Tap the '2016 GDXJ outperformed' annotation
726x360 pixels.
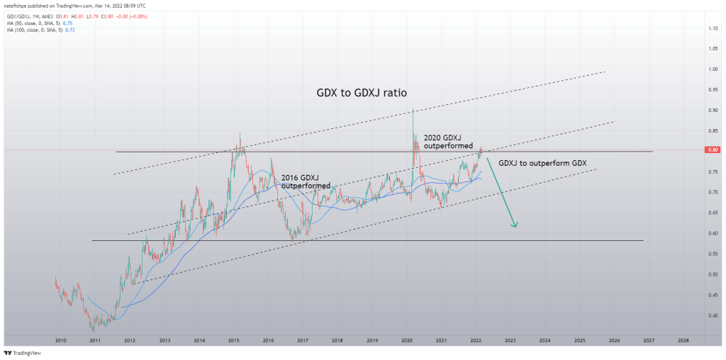pos(306,181)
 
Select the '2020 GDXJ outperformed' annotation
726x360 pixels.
pos(448,140)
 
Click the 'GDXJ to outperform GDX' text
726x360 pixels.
pos(542,163)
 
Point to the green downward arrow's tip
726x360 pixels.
pos(515,227)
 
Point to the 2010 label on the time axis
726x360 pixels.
pos(60,341)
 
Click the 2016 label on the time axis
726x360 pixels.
pos(268,341)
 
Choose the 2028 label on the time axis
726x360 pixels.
pos(683,341)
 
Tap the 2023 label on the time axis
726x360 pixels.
pos(510,341)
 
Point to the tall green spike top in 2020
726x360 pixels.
pos(413,109)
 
